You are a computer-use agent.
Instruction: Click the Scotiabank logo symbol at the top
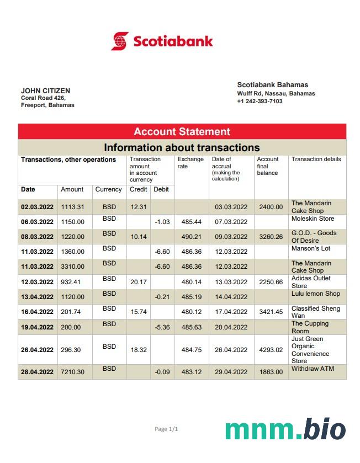(x=120, y=41)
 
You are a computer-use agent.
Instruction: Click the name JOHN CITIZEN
(x=45, y=91)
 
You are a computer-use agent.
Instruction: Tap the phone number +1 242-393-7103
(x=260, y=102)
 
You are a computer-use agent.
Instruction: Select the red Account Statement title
(x=182, y=131)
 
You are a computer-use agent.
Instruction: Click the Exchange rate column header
(x=190, y=163)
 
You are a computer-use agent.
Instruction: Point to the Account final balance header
(x=268, y=166)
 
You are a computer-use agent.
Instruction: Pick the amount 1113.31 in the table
(x=72, y=207)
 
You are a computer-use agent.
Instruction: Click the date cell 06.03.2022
(x=37, y=222)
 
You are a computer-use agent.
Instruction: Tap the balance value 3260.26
(x=271, y=237)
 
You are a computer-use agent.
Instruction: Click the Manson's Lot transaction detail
(x=310, y=248)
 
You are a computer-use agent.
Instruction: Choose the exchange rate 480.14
(x=190, y=283)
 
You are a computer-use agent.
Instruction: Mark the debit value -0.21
(x=162, y=297)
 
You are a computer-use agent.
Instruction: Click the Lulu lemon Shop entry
(x=316, y=294)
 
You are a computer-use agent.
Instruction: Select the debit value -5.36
(x=162, y=327)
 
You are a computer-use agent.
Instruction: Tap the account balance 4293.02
(x=271, y=350)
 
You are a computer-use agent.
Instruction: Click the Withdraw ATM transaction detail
(x=313, y=369)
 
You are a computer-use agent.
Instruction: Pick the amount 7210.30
(x=72, y=372)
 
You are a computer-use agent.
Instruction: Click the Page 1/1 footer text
(x=166, y=429)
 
